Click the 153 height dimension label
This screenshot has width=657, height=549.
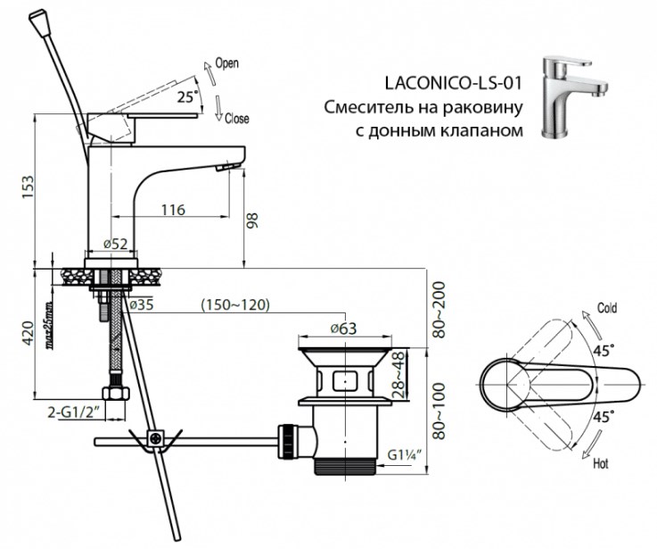click(29, 187)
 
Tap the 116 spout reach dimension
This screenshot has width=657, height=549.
click(174, 209)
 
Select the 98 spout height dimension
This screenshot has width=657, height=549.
click(252, 220)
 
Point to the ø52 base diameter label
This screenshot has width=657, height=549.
click(115, 244)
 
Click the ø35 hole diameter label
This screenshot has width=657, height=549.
click(141, 304)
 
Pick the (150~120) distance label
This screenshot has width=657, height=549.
click(235, 304)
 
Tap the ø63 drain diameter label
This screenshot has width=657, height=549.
click(343, 329)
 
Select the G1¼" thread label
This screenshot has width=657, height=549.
click(404, 454)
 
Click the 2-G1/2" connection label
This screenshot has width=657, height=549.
click(76, 412)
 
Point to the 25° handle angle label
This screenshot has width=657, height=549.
click(187, 97)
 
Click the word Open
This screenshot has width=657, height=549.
click(226, 63)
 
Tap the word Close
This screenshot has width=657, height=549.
click(237, 119)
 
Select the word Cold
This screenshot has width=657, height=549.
click(607, 309)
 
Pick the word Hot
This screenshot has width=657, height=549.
click(601, 464)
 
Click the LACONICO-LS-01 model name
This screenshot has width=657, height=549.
click(454, 83)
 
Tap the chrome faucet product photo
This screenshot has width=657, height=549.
click(573, 97)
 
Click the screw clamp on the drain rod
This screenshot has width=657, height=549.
click(155, 439)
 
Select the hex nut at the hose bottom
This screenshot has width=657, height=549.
click(116, 394)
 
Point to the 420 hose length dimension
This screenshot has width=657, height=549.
click(28, 333)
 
